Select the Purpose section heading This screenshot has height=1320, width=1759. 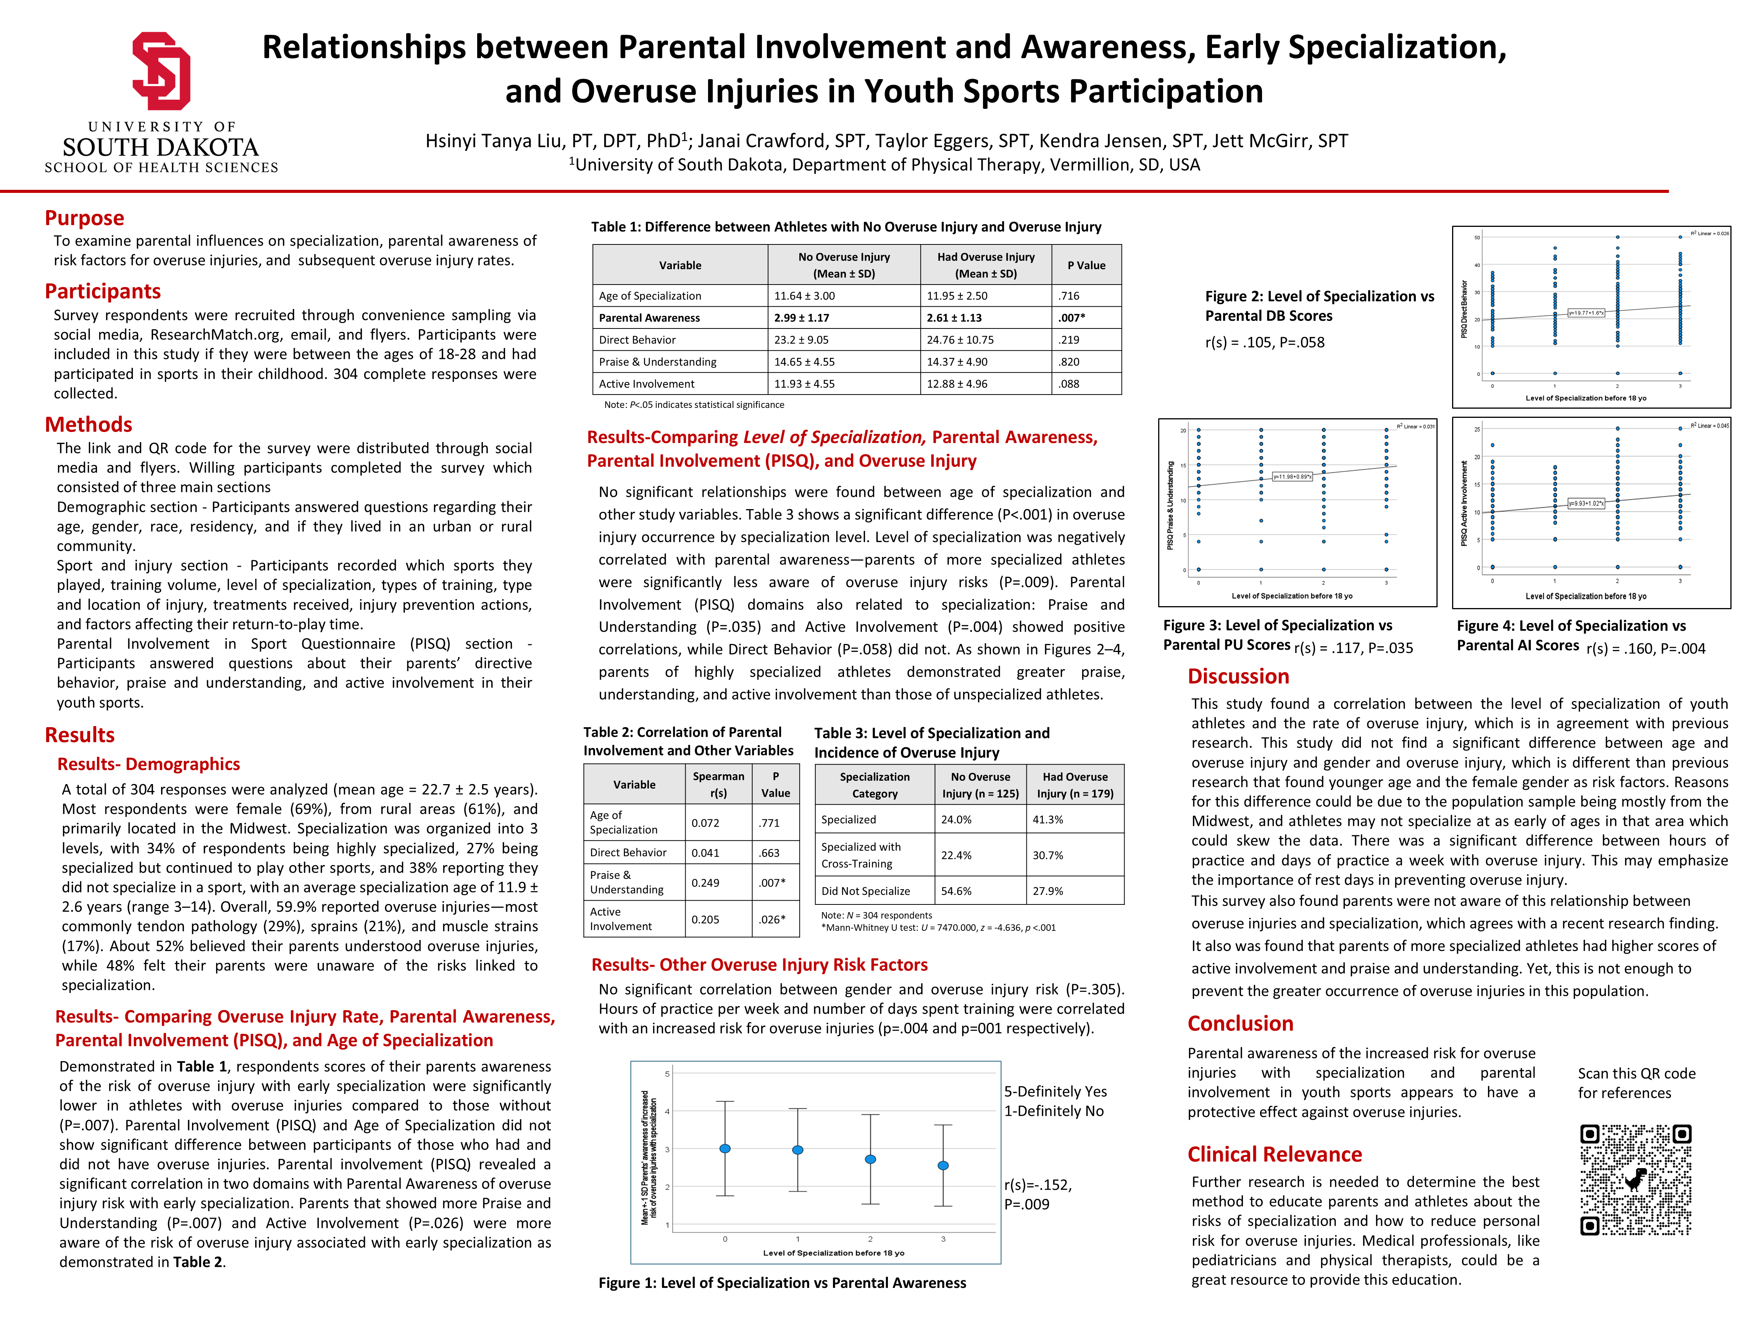point(84,218)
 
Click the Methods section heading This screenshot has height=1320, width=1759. point(88,425)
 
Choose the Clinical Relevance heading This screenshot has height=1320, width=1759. point(1274,1155)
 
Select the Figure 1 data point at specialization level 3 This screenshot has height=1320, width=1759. point(943,1165)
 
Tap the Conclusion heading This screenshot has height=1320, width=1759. point(1240,1024)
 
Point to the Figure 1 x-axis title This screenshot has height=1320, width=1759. point(833,1252)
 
